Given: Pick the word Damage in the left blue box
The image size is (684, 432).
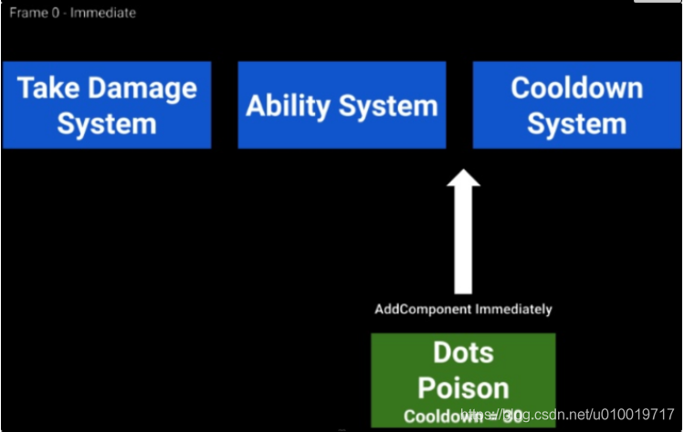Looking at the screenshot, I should [x=142, y=89].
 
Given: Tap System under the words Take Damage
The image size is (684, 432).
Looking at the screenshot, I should [x=106, y=123].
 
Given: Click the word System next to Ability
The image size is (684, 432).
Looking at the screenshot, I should [x=388, y=106].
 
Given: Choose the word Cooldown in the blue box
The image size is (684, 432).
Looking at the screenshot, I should [x=576, y=88].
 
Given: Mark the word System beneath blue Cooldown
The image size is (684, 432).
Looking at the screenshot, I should [x=576, y=123].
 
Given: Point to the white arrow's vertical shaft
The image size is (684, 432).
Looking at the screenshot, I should [x=463, y=242].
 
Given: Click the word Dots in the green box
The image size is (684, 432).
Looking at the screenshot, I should [x=463, y=353].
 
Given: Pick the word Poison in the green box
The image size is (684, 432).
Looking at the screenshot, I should [x=463, y=386].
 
